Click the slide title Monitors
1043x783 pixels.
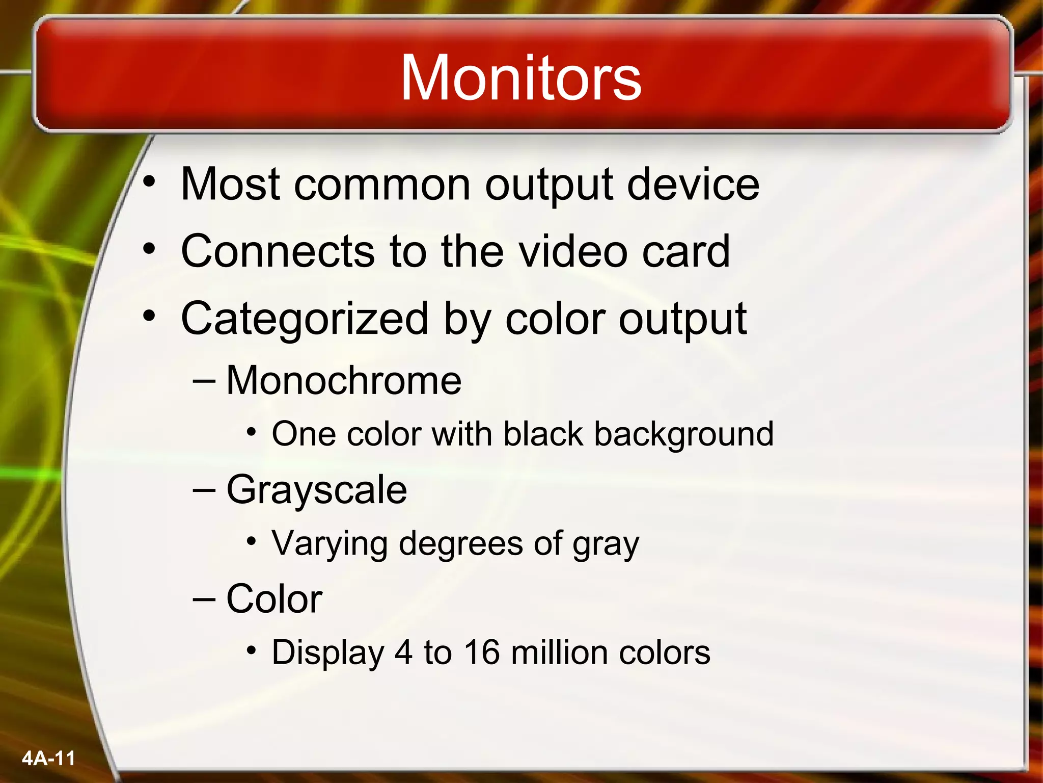coord(520,77)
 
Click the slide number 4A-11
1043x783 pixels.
coord(48,759)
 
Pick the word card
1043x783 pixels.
coord(685,251)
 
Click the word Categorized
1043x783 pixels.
coord(305,320)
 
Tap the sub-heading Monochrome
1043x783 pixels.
coord(344,381)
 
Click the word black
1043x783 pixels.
coord(543,434)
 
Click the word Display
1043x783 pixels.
coord(328,653)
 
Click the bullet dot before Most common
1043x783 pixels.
coord(149,182)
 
